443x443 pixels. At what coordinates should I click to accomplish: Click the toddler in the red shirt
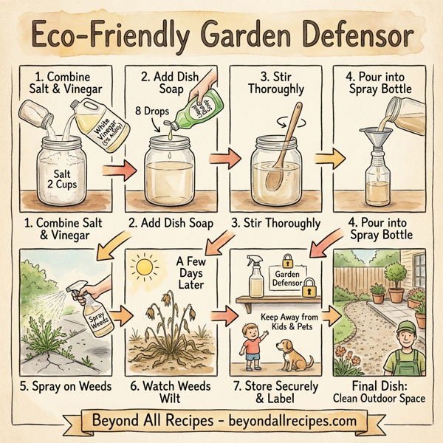point(253,348)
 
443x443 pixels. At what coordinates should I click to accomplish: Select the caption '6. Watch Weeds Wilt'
point(169,391)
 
